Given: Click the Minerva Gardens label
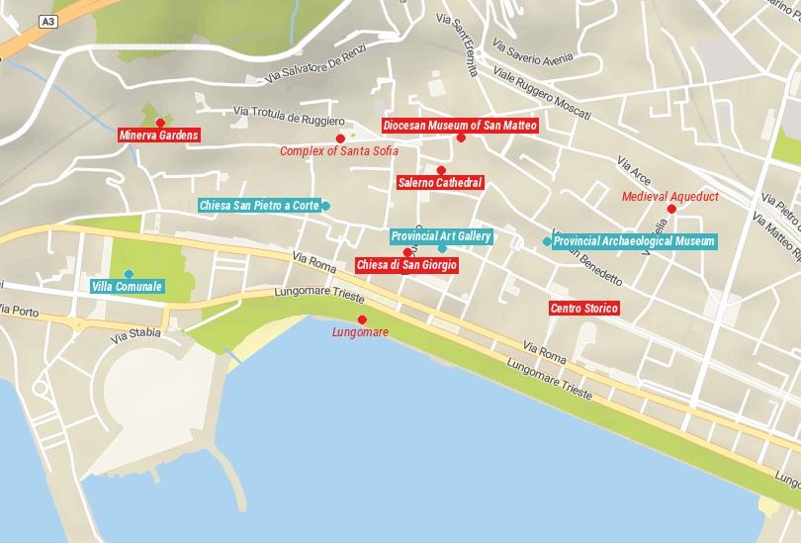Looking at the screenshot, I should point(159,136).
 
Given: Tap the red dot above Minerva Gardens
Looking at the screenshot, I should point(160,122).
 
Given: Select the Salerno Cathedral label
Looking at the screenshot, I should point(440,183).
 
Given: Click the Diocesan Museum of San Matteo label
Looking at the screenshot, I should point(461,126).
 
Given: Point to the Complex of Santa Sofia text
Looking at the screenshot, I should point(339,151).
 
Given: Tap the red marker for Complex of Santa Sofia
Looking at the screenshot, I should point(340,138).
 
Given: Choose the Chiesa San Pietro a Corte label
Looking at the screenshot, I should point(259,206).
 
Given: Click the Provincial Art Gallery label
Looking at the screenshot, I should point(441,236).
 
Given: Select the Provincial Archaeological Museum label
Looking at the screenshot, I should point(634,241).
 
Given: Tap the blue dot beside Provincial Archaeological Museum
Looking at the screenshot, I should point(547,241).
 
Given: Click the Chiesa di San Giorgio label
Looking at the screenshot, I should point(406,265).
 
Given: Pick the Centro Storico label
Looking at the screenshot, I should point(583,309).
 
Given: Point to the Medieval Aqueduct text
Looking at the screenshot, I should point(669,197).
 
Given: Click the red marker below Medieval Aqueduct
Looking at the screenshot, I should point(671,209).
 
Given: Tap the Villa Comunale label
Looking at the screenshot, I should point(127,287).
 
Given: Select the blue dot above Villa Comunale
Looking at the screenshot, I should point(129,274).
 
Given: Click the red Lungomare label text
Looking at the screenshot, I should point(361,332).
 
